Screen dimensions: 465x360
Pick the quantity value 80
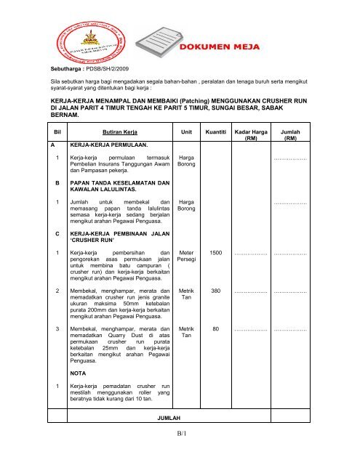tap(216, 349)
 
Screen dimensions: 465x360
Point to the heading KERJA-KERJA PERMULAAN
tap(105, 145)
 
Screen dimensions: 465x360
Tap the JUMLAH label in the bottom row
tap(171, 419)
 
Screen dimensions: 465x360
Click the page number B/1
tap(180, 434)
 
